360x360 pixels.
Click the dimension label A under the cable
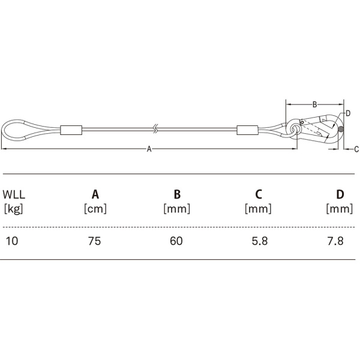tap(149, 149)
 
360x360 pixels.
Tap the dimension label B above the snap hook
tap(314, 104)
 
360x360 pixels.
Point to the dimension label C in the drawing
tap(356, 149)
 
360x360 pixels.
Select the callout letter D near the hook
tap(348, 113)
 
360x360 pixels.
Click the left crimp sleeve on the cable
tap(71, 130)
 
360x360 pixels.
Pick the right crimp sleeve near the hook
tap(247, 130)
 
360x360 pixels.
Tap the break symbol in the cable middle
tap(155, 129)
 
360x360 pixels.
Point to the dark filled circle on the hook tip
tap(341, 129)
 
